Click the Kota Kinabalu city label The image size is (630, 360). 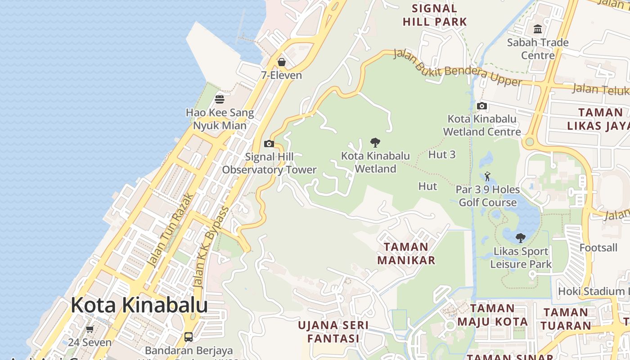pyautogui.click(x=139, y=305)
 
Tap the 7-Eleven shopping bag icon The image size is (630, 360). pyautogui.click(x=282, y=62)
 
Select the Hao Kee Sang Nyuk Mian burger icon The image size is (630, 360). pyautogui.click(x=220, y=99)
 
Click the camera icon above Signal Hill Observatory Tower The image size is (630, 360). pyautogui.click(x=269, y=144)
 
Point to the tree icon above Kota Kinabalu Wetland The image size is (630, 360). pyautogui.click(x=375, y=143)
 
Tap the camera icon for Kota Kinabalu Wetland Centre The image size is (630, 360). pyautogui.click(x=482, y=106)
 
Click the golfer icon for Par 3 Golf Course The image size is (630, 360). pyautogui.click(x=487, y=176)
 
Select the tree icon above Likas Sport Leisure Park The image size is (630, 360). pyautogui.click(x=521, y=238)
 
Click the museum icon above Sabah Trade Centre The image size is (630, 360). pyautogui.click(x=538, y=29)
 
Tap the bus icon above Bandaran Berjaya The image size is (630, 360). pyautogui.click(x=189, y=337)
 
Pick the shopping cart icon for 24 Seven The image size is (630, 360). pyautogui.click(x=90, y=329)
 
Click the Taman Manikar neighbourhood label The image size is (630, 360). pyautogui.click(x=406, y=253)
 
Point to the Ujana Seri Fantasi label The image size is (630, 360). pyautogui.click(x=333, y=332)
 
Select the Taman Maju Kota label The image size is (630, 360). pyautogui.click(x=493, y=315)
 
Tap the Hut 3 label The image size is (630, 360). pyautogui.click(x=442, y=155)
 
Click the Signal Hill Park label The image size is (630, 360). pyautogui.click(x=435, y=15)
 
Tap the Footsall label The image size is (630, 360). pyautogui.click(x=598, y=248)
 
